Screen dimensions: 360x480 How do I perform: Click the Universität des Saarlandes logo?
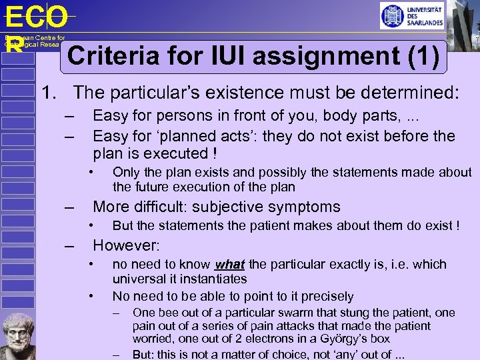pos(412,15)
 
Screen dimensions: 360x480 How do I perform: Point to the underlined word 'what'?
pos(230,264)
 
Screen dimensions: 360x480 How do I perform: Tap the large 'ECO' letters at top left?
pos(36,17)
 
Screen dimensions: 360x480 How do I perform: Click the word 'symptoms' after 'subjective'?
pos(305,207)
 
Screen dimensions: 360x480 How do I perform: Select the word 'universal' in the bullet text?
pos(138,279)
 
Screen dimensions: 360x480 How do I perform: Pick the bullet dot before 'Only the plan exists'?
pos(93,172)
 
